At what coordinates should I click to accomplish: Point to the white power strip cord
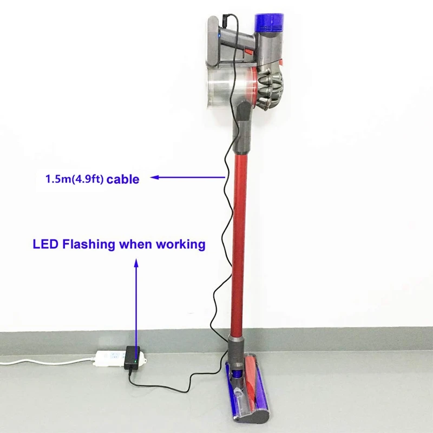tap(43, 360)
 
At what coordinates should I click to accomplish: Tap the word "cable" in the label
tap(123, 179)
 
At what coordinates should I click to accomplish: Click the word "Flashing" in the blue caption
tap(89, 244)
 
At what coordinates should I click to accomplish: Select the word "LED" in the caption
tap(45, 244)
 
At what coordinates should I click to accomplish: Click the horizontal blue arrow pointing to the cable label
tap(187, 176)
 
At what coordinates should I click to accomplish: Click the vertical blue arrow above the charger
tap(136, 303)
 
